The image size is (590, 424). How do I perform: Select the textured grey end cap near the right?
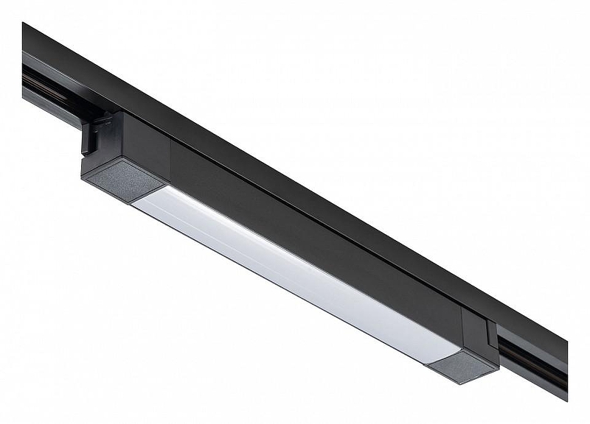463,366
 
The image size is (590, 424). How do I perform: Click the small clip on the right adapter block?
492,335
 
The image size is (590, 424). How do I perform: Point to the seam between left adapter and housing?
170,158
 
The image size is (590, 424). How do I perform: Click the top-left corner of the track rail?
24,26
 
